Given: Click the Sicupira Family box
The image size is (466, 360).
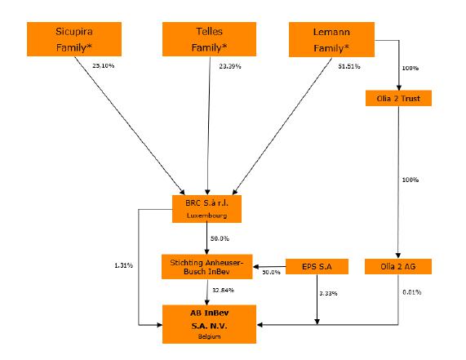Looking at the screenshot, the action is [74, 39].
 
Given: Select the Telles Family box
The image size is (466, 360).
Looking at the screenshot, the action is [209, 39].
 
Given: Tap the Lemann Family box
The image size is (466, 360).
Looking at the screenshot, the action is [331, 39].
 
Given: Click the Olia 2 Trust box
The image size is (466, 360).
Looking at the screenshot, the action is [398, 98].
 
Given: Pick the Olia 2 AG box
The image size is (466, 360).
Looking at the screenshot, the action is [398, 266].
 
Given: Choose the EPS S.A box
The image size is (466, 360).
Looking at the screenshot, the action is [317, 266].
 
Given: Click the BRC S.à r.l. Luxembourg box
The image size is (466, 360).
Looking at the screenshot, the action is [206, 209].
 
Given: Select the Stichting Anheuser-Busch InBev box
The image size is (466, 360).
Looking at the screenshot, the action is [207, 267].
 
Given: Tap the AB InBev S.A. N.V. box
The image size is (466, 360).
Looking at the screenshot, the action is [209, 324].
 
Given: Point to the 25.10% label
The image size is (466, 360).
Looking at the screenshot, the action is [103, 65].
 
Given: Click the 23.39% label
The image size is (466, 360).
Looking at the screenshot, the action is [230, 66].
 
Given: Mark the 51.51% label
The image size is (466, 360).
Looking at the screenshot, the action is [349, 66].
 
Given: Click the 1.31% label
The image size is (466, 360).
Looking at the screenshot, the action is [123, 265].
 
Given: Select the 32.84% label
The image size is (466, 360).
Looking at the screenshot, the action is [223, 290].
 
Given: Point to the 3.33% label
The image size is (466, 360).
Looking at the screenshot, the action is [328, 293].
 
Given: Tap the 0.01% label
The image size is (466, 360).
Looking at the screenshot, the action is [412, 292].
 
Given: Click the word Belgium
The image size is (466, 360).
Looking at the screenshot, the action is [209, 336].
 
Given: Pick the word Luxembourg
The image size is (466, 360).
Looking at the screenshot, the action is [206, 216].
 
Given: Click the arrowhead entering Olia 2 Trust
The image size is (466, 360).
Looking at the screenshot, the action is [399, 87].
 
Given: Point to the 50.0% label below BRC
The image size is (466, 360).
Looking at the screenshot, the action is [220, 238].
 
